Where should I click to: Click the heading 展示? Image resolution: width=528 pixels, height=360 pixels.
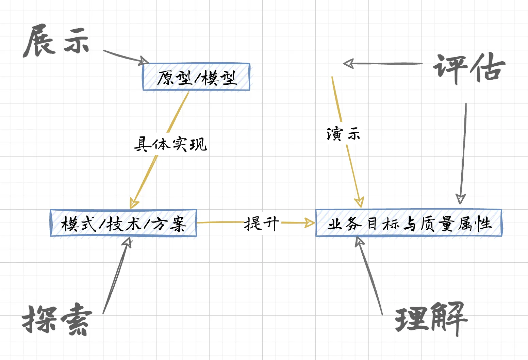pos(56,41)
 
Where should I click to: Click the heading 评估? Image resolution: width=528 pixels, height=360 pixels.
pos(469,68)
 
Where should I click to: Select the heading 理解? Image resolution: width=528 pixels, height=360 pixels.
pos(431,318)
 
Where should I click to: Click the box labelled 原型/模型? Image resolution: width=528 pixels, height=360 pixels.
pos(196,77)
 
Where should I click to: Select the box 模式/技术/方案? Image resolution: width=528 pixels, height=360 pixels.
pos(123,223)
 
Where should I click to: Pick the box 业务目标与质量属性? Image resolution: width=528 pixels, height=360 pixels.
pos(409,223)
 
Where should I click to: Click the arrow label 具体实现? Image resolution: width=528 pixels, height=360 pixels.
pos(170,144)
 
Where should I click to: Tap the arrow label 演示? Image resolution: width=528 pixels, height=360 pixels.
pos(343,134)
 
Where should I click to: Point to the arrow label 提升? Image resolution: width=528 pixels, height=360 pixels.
pos(261,223)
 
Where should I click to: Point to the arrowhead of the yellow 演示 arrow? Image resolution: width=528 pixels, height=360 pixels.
pos(359,202)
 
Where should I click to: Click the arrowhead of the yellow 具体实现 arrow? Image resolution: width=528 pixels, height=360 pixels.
pos(133,203)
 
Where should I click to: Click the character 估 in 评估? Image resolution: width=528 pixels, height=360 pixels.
pos(486,68)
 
